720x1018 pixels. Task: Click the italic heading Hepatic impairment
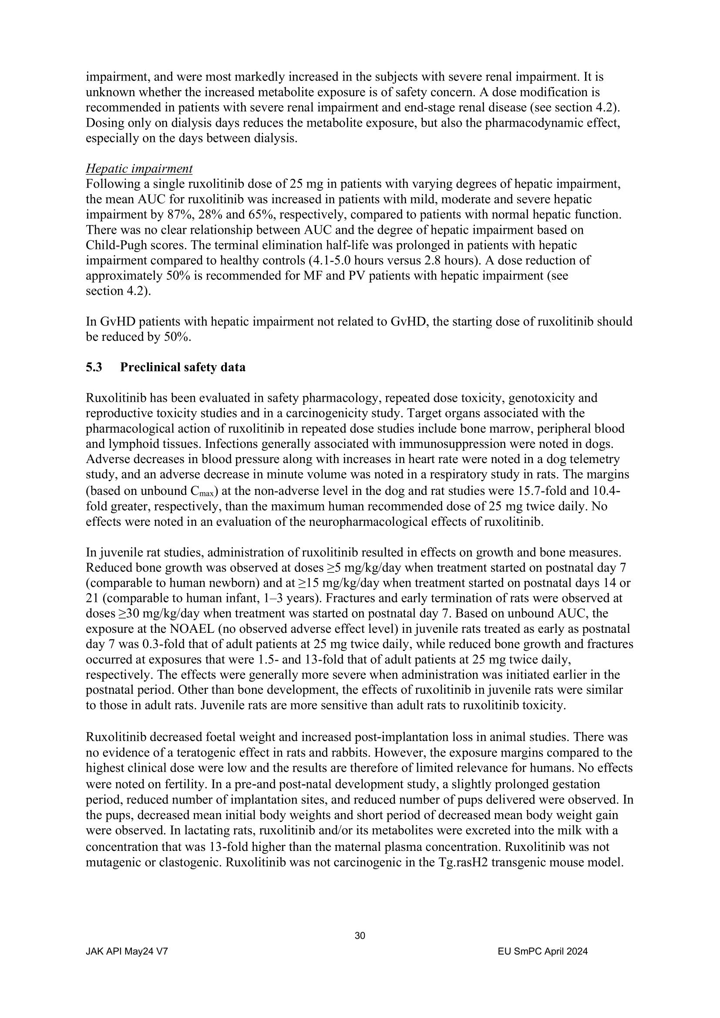click(139, 168)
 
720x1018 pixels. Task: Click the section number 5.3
click(94, 367)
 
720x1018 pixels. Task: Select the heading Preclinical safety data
click(183, 367)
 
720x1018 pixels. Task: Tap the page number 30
click(360, 936)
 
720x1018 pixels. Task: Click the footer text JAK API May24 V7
click(127, 951)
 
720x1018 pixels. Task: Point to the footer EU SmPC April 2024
click(543, 951)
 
